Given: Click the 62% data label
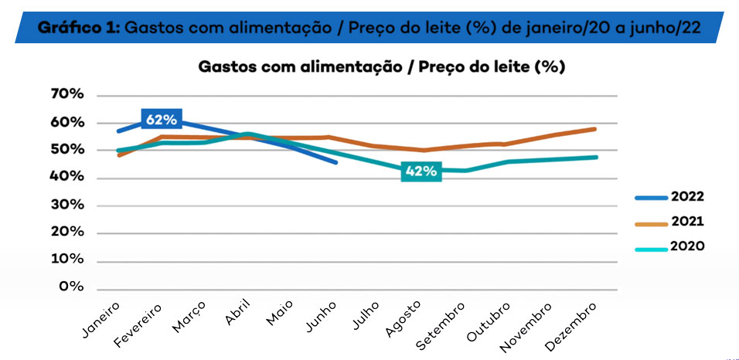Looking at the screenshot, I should tap(162, 119).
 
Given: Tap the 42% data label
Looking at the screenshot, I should tap(421, 172).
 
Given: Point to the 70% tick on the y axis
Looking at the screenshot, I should tap(66, 94).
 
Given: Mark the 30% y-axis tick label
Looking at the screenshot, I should tap(66, 205).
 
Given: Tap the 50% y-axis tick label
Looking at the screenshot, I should tap(66, 150).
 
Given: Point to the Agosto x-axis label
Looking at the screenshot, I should tap(404, 318).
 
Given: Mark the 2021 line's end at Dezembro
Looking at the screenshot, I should tap(595, 128).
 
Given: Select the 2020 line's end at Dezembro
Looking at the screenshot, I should tap(597, 157).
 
